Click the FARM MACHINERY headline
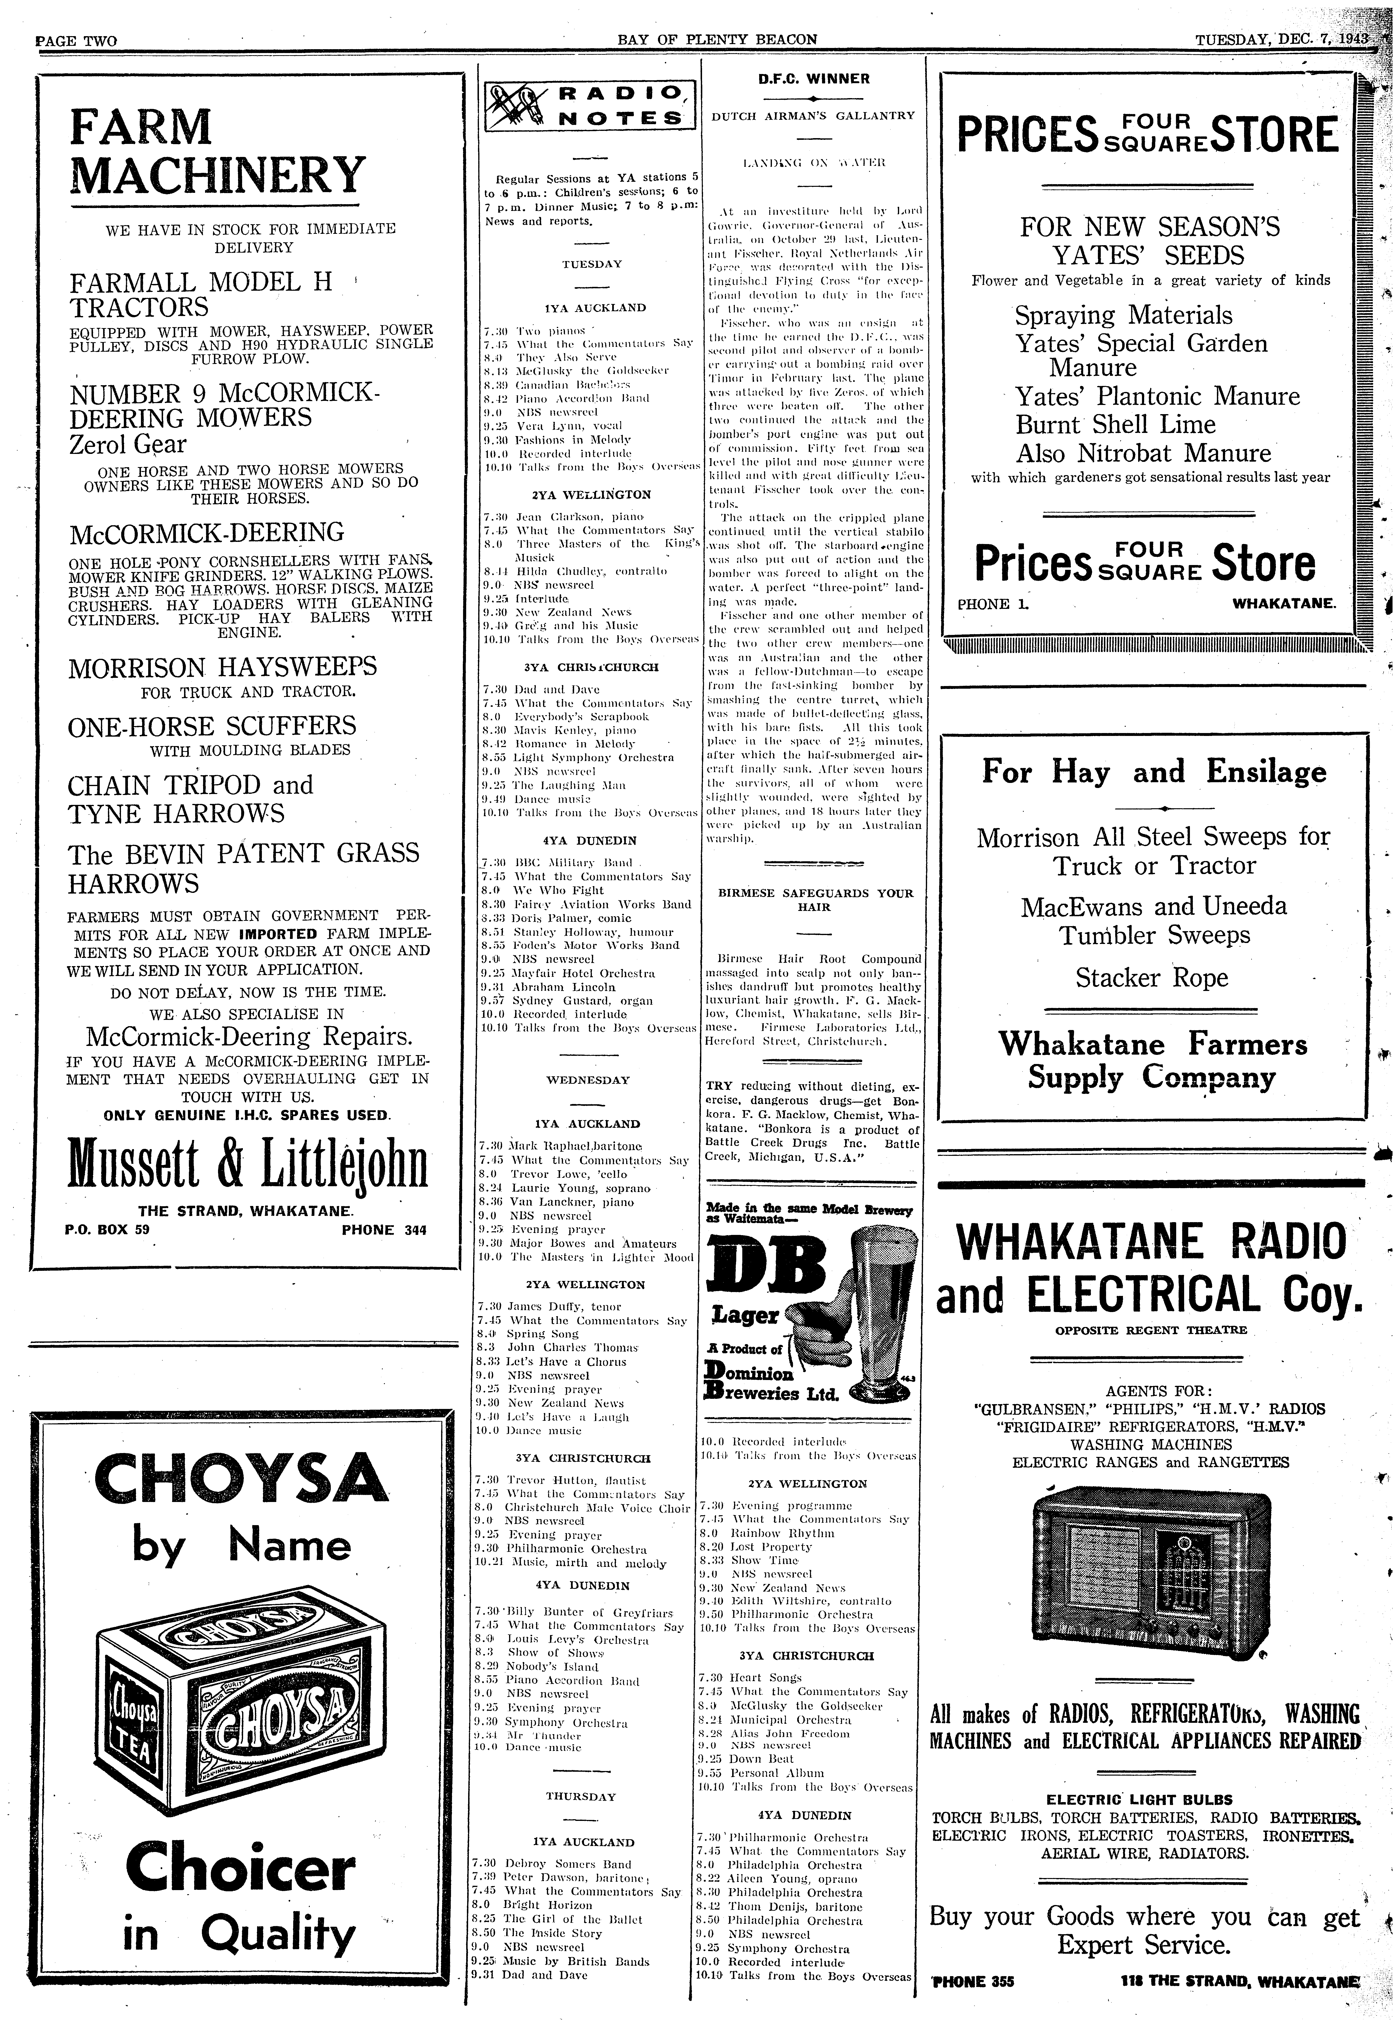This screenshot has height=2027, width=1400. pos(215,151)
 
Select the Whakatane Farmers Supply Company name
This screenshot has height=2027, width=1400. pos(1153,1060)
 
